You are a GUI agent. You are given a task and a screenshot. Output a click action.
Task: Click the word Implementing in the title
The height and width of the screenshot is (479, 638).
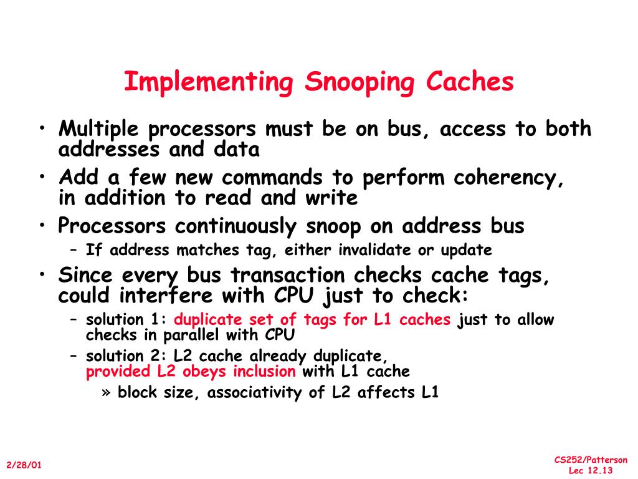click(x=208, y=83)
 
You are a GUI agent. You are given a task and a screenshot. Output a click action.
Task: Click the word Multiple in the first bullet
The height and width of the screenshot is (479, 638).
click(x=100, y=129)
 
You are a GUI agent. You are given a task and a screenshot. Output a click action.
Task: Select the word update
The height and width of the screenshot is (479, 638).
click(x=467, y=250)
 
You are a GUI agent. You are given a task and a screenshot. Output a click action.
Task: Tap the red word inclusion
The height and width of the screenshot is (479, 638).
click(x=265, y=372)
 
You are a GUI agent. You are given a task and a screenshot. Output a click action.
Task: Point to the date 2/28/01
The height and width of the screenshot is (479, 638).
click(x=24, y=465)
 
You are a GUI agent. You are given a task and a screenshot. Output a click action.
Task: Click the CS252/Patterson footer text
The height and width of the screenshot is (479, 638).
click(x=591, y=460)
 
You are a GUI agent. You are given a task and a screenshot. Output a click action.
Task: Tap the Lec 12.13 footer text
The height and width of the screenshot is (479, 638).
click(x=591, y=471)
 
